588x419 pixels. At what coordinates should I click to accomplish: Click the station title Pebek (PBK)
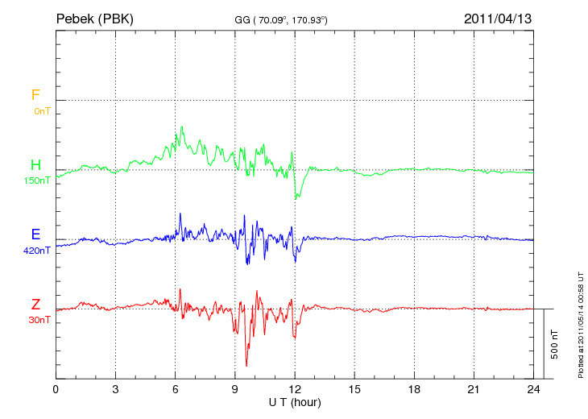94,18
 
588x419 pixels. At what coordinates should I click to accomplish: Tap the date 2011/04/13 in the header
498,18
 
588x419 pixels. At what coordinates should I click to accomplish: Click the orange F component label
35,95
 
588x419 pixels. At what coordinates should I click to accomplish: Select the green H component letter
35,165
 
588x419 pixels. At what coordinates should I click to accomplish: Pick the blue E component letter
35,234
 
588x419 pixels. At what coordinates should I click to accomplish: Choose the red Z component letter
35,304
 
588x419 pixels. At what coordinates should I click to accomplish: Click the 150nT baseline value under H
35,180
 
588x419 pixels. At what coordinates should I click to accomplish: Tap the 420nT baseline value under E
36,251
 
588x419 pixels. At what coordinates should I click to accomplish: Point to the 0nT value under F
40,111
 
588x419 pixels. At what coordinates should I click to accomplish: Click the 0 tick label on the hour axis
56,389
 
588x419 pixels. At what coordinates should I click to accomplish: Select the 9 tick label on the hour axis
235,389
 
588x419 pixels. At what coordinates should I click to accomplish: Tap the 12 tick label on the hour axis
295,389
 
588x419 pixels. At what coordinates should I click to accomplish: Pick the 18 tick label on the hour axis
414,389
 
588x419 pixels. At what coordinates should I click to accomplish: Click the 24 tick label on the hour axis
533,389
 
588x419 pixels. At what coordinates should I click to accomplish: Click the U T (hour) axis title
295,401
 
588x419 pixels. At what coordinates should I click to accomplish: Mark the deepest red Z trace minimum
246,366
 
